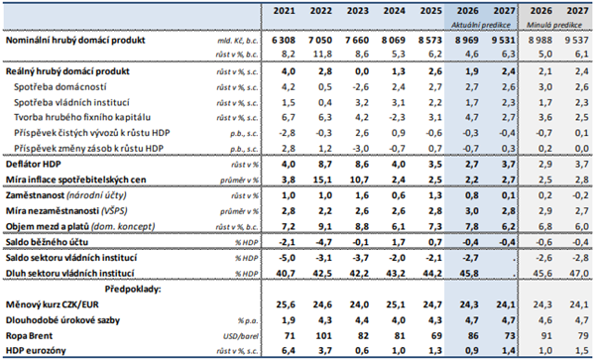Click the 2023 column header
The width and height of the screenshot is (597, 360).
[358, 11]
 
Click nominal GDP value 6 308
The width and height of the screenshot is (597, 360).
[284, 40]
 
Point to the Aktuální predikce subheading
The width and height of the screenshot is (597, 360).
[481, 25]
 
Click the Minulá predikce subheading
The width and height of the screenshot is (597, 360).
[554, 25]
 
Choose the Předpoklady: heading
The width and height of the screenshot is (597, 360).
[133, 290]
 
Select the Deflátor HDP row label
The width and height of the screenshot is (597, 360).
[33, 164]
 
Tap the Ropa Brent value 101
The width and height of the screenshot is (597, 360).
[321, 335]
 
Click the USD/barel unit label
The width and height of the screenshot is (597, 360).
[240, 336]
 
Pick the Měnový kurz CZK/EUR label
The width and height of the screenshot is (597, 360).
[53, 304]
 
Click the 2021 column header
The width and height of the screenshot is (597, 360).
[284, 11]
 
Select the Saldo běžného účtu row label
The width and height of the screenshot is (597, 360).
[47, 242]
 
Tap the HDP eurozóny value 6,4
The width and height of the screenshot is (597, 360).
[288, 350]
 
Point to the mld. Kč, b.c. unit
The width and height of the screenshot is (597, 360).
[238, 41]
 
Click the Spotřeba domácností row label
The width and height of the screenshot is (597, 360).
[60, 87]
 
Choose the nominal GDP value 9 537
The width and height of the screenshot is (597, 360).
[577, 40]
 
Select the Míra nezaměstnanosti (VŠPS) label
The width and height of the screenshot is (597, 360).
[66, 210]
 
